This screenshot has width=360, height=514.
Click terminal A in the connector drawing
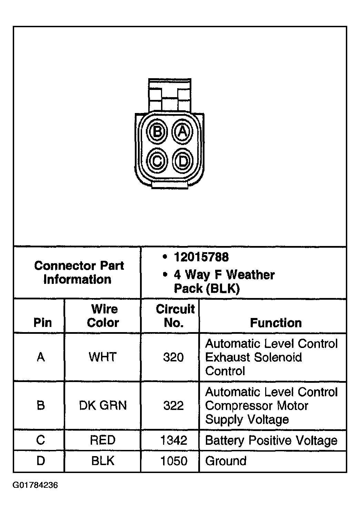182,132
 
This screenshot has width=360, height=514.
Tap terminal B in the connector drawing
157,132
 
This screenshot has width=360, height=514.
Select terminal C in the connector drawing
157,161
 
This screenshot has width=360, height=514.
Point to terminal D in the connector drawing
182,161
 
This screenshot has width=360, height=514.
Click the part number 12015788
201,257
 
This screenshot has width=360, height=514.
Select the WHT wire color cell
103,357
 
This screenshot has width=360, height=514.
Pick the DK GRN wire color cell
103,405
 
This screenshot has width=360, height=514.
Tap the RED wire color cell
103,440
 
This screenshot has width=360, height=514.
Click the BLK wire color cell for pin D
103,461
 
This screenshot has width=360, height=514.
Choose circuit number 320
173,357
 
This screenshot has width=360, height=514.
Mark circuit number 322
173,405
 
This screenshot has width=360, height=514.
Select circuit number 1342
173,440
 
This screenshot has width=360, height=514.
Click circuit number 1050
173,461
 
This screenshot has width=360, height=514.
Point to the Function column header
276,323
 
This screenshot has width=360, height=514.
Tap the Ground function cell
226,461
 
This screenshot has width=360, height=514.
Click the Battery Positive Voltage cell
271,440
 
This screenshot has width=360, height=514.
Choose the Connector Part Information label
79,273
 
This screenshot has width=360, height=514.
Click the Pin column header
42,323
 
